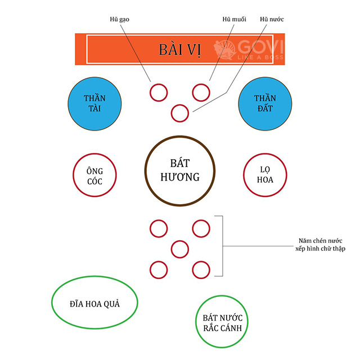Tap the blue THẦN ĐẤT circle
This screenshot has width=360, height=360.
pyautogui.click(x=264, y=103)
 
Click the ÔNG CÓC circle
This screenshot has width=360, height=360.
pyautogui.click(x=94, y=175)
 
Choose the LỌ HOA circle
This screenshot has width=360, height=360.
pyautogui.click(x=264, y=175)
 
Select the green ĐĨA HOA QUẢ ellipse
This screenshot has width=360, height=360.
pyautogui.click(x=94, y=304)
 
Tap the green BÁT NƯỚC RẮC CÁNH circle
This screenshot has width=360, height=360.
pyautogui.click(x=222, y=322)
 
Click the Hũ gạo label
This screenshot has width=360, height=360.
pyautogui.click(x=119, y=20)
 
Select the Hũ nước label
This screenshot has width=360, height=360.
pyautogui.click(x=272, y=20)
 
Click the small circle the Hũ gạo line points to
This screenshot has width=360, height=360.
pyautogui.click(x=159, y=92)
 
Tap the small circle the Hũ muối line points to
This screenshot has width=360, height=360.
pyautogui.click(x=201, y=92)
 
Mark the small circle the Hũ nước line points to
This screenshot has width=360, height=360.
pyautogui.click(x=179, y=113)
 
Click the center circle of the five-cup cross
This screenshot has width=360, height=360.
pyautogui.click(x=179, y=248)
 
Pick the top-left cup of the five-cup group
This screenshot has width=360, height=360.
pyautogui.click(x=159, y=228)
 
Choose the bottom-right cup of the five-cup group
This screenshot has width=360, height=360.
pyautogui.click(x=201, y=269)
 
